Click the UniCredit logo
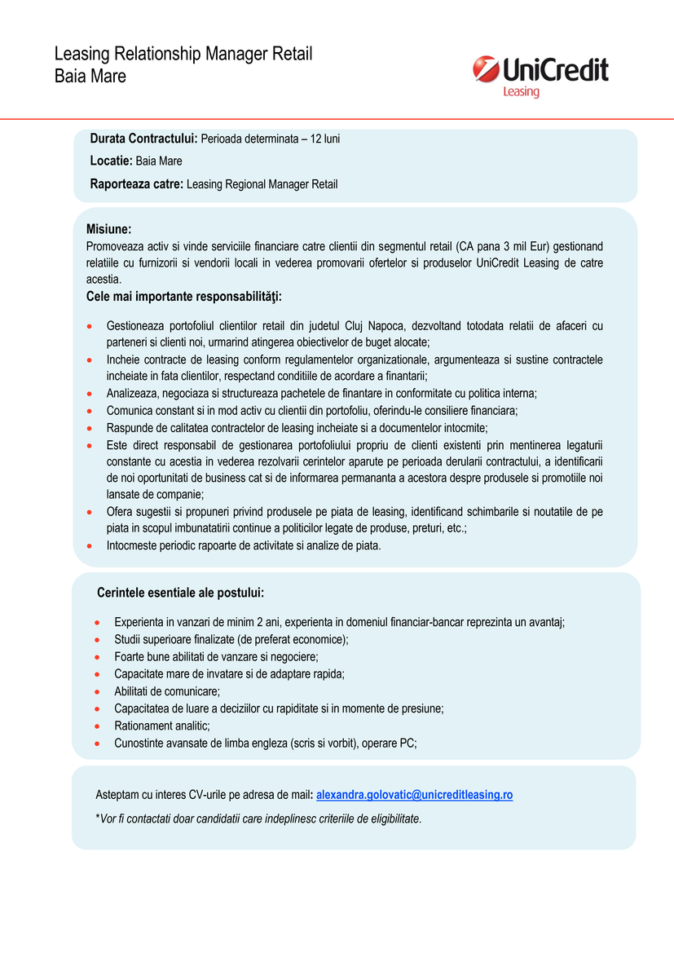pyautogui.click(x=540, y=71)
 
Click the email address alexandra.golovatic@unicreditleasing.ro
pyautogui.click(x=414, y=795)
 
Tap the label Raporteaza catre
pyautogui.click(x=137, y=184)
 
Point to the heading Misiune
pyautogui.click(x=108, y=230)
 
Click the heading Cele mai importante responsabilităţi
pyautogui.click(x=183, y=296)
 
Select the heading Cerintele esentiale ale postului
pyautogui.click(x=180, y=593)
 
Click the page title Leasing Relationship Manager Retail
pyautogui.click(x=183, y=55)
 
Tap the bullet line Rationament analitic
pyautogui.click(x=162, y=726)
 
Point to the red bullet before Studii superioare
pyautogui.click(x=97, y=640)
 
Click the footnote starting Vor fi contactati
pyautogui.click(x=259, y=818)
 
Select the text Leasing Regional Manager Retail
pyautogui.click(x=262, y=185)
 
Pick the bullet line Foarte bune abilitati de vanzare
pyautogui.click(x=216, y=656)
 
